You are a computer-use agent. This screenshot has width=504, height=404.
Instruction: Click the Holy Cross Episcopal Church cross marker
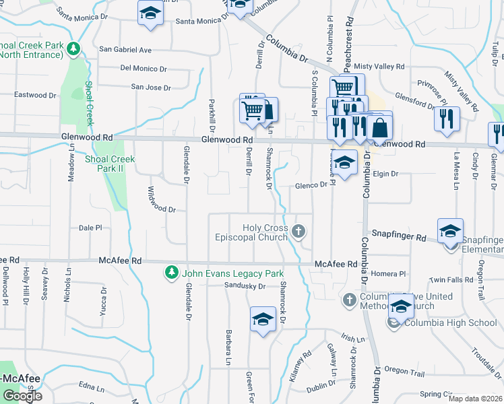point(299,232)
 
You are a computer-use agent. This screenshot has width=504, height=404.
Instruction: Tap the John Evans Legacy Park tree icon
point(172,273)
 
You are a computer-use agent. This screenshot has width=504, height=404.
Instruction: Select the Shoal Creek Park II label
point(110,164)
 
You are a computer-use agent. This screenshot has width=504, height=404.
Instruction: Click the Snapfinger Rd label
point(400,238)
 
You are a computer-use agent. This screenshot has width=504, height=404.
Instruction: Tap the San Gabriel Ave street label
point(125,49)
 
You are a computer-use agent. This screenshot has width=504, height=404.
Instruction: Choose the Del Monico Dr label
point(144,69)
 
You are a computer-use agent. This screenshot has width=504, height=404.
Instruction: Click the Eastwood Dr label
point(34,95)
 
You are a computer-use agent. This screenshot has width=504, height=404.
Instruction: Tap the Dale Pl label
point(90,228)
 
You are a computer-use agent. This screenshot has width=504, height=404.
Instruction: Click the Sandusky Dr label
point(246,286)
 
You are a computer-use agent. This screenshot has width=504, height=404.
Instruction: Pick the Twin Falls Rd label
point(452,279)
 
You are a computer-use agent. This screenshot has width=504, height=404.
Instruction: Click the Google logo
point(22,395)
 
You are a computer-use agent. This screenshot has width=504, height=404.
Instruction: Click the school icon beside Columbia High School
point(401,306)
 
